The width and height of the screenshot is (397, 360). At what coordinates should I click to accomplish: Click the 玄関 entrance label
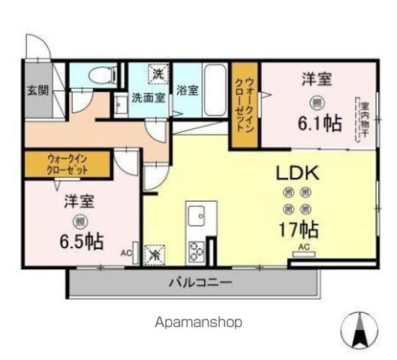click(38, 91)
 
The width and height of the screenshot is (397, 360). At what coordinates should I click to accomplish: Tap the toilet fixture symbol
click(98, 74)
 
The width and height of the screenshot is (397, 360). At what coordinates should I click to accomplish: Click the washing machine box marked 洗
click(158, 73)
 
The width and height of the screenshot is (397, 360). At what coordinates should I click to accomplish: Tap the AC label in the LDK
click(304, 247)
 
